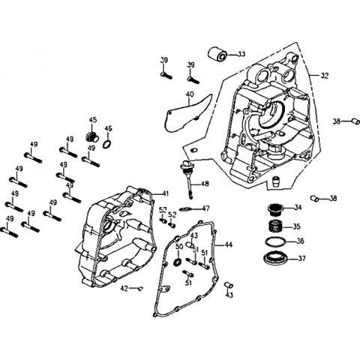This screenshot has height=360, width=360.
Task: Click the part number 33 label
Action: (x=241, y=54)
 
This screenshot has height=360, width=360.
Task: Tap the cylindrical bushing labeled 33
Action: (x=217, y=53)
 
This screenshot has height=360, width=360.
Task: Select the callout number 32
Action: (x=324, y=76)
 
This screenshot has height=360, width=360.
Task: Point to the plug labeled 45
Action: (x=92, y=137)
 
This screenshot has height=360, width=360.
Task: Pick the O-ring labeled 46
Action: (x=107, y=144)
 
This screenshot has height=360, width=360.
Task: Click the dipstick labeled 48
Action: (x=187, y=178)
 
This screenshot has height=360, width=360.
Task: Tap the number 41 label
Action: (x=165, y=193)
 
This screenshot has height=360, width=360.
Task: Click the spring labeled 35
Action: (x=275, y=226)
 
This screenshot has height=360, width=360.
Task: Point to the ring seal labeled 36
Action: (x=275, y=241)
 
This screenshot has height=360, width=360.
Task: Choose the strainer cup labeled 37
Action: (x=275, y=258)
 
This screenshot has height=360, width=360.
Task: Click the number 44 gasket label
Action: (x=228, y=244)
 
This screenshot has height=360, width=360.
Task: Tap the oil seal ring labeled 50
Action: (x=178, y=262)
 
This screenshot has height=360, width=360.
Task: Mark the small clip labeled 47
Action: (x=185, y=208)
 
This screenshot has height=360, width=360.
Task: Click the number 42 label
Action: (x=124, y=289)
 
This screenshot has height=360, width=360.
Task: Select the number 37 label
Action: (x=301, y=258)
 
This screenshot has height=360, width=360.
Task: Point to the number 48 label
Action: (x=205, y=184)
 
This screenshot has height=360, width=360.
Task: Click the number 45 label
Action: (x=92, y=120)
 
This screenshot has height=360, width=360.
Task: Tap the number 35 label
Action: (x=296, y=226)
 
